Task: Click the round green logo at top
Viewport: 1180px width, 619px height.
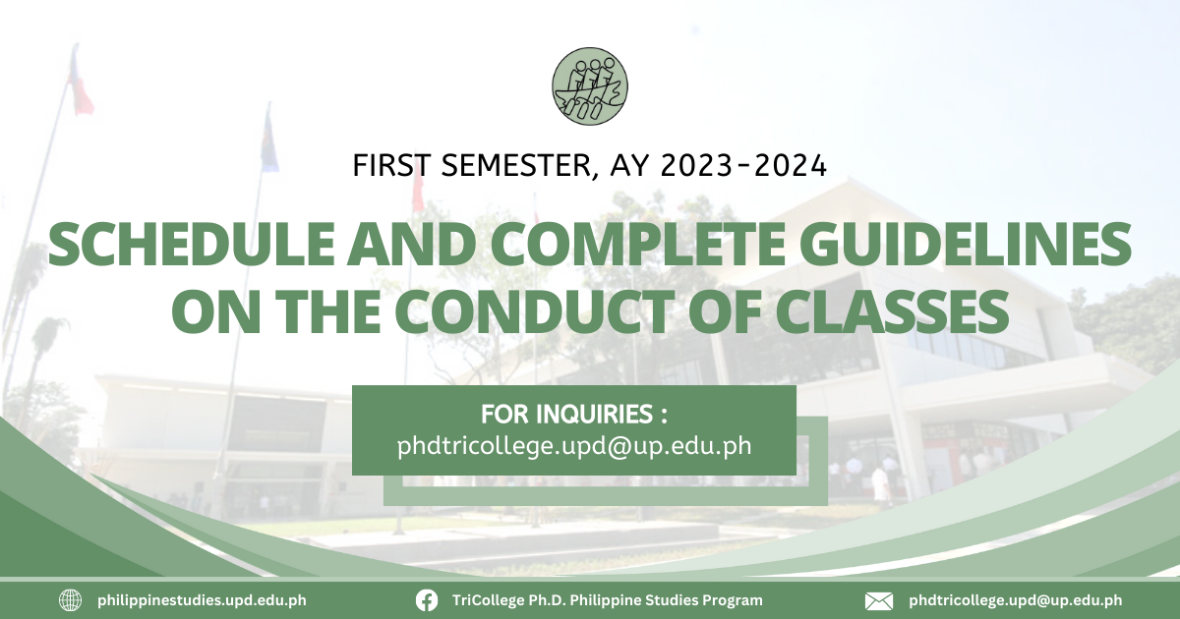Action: [x=590, y=85]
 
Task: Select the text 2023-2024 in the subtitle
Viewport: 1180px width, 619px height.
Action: [x=743, y=165]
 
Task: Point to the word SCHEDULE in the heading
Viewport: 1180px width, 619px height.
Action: [x=191, y=245]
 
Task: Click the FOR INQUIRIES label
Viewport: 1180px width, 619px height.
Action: [x=574, y=415]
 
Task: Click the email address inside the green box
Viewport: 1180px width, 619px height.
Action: [x=574, y=446]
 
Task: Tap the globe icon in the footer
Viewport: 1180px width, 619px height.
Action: [x=70, y=600]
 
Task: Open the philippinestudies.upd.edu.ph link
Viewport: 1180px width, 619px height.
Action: [x=202, y=600]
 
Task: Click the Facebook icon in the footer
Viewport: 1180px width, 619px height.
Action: [x=426, y=600]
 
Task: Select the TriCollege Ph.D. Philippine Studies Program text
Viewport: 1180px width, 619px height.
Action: [x=608, y=600]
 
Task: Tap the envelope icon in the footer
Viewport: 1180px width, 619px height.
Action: [x=879, y=600]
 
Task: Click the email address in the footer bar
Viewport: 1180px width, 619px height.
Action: [x=1015, y=600]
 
